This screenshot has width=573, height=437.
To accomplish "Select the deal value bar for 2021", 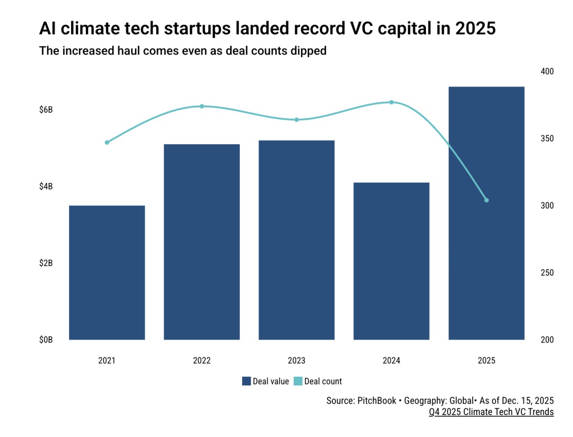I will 107,272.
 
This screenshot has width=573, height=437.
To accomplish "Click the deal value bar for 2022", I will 202,242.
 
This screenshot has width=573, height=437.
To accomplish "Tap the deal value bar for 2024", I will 392,261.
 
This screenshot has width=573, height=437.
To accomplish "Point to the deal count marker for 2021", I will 107,142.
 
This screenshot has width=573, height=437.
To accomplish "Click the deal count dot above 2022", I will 202,106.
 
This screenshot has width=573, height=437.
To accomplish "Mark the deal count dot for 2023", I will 297,119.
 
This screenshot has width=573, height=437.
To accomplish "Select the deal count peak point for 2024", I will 392,102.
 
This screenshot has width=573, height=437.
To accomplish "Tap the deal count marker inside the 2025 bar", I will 487,200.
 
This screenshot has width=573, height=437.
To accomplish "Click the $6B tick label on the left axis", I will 46,110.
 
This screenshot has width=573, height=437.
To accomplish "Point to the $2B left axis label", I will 46,263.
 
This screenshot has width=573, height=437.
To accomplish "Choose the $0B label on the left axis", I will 46,340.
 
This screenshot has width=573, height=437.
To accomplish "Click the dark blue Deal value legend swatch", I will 246,381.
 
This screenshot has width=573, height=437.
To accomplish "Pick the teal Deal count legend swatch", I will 297,381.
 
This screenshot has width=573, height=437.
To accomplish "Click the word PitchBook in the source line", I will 376,400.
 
